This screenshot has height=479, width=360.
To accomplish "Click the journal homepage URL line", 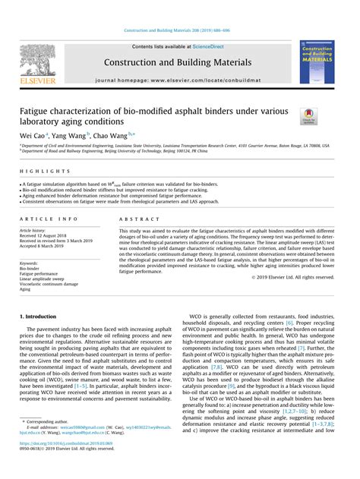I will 180,79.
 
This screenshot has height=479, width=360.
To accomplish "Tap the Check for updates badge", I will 309,116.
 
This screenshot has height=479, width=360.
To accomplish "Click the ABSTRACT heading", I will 134,218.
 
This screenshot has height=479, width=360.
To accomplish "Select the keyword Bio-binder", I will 30,268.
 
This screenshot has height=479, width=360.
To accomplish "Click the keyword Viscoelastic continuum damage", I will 49,284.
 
